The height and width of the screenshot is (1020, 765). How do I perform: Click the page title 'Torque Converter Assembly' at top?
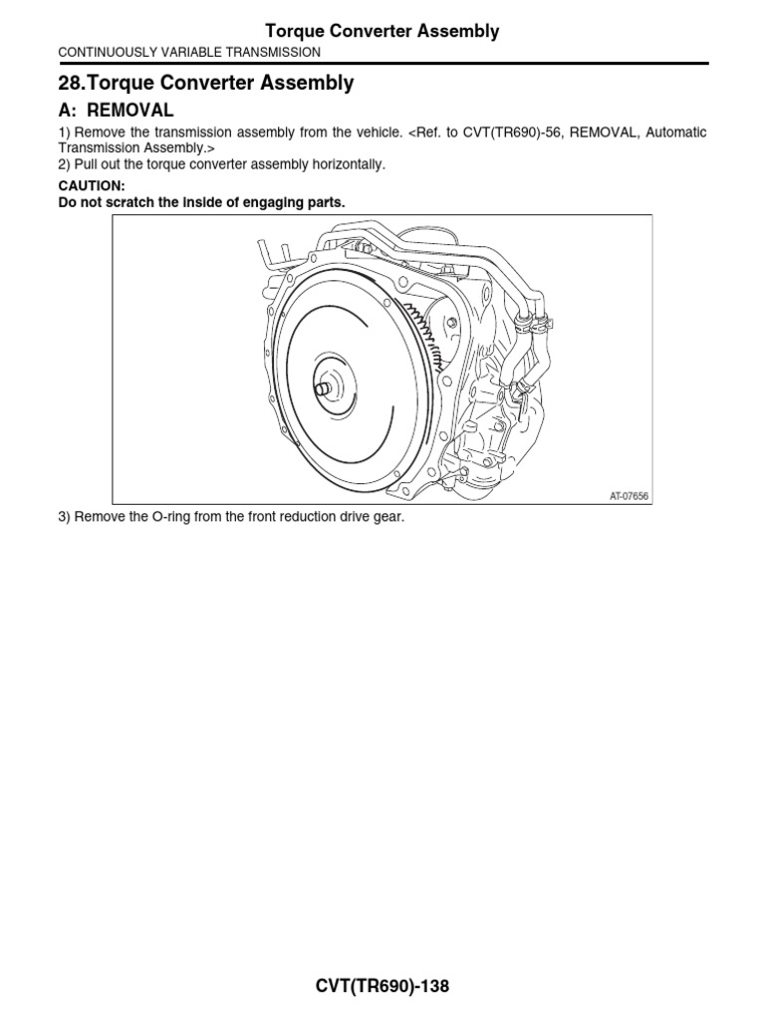tap(382, 31)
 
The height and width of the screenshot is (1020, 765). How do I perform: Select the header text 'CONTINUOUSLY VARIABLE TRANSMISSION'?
tap(189, 52)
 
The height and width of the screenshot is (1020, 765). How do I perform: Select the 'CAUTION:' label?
tap(92, 186)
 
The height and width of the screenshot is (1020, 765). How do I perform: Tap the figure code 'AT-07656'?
tap(628, 494)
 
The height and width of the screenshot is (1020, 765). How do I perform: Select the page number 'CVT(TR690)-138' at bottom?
tap(382, 987)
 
